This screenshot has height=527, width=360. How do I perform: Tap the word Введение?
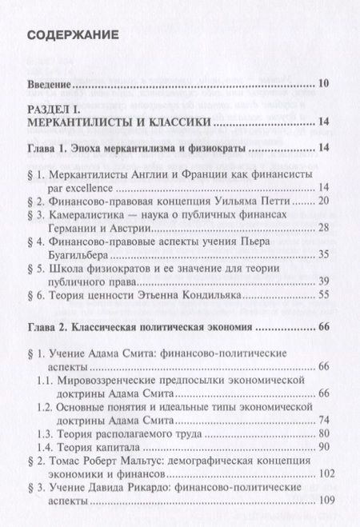coord(50,82)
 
